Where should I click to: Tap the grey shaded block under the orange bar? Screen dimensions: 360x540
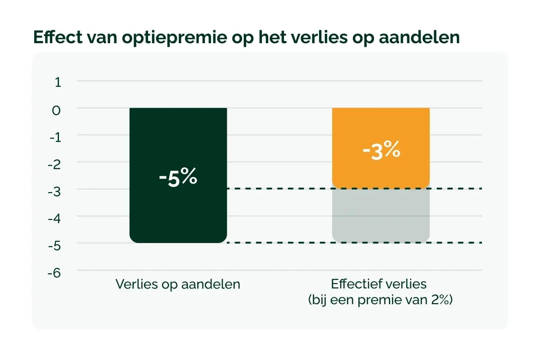click(381, 216)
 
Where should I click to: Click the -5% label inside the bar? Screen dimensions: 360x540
click(178, 177)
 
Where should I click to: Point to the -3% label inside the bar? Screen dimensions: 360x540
click(381, 150)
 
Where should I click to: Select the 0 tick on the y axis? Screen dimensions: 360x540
click(57, 110)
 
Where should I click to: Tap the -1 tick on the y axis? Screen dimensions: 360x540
click(55, 137)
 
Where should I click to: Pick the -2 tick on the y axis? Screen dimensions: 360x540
click(55, 164)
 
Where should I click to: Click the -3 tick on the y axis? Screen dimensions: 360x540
click(55, 191)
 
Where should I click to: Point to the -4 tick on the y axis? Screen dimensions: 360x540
click(55, 218)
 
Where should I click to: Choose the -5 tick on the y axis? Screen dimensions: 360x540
click(55, 245)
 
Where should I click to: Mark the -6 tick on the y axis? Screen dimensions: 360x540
click(55, 273)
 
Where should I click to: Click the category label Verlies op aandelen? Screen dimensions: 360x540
click(178, 285)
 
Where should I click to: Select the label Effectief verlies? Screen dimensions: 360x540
click(378, 285)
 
